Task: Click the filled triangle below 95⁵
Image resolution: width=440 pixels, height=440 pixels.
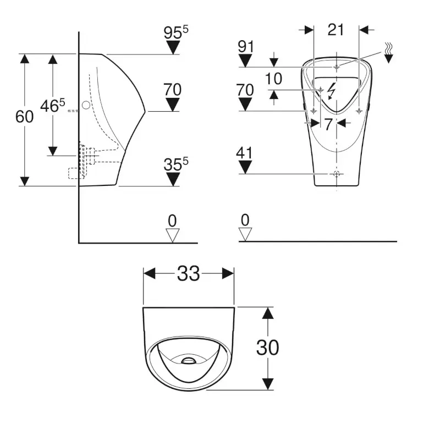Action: tap(174, 48)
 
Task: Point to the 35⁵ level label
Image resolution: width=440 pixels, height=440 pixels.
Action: tap(175, 164)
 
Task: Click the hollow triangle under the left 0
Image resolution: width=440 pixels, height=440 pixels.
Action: tap(173, 235)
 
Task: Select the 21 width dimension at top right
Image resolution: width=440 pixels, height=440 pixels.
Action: tap(335, 30)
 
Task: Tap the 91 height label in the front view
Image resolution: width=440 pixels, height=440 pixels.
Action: tap(245, 47)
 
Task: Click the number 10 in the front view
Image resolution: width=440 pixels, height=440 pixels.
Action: tap(273, 79)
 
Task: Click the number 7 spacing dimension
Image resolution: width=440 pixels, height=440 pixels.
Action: tap(328, 124)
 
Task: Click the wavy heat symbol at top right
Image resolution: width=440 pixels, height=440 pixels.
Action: tap(389, 51)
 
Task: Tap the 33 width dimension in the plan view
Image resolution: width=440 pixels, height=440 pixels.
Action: tap(189, 273)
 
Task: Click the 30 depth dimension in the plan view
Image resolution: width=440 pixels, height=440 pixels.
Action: tap(268, 347)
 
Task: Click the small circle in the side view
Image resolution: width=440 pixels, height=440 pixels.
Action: tap(86, 105)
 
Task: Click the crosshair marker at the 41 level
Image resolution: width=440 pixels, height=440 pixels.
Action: tap(336, 174)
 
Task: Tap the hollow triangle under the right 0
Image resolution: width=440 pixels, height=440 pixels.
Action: tap(245, 235)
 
